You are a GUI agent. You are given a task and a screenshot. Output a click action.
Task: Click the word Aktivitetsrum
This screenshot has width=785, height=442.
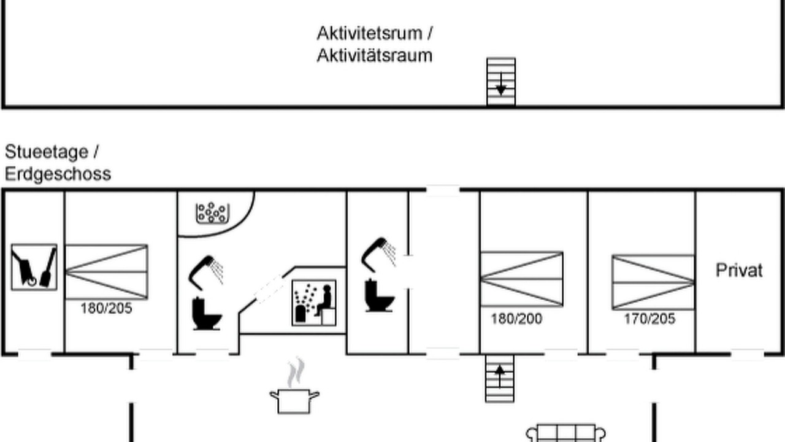(370, 34)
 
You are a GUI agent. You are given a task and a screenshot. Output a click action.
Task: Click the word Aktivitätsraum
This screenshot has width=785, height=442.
(374, 56)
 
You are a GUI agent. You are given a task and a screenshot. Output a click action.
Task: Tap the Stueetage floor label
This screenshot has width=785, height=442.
(47, 152)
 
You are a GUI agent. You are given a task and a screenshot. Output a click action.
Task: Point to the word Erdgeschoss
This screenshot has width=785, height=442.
(58, 174)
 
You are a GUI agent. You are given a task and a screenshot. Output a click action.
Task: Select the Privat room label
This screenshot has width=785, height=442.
(739, 271)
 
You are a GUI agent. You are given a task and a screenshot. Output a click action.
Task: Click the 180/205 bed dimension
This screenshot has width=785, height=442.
(106, 309)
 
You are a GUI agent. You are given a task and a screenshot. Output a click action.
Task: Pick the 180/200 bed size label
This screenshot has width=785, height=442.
(516, 319)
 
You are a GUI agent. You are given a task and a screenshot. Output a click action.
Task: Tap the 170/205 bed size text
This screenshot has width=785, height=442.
(649, 319)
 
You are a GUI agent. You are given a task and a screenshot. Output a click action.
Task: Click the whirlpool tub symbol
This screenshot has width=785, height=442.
(212, 213)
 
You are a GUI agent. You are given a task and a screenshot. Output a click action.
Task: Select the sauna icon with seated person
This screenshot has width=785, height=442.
(314, 303)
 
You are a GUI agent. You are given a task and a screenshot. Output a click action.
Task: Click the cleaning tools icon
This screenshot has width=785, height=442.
(34, 267)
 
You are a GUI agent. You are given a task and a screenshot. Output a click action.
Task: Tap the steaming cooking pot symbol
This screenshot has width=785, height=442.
(294, 386)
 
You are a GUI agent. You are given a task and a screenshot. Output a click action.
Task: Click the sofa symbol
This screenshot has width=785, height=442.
(565, 433)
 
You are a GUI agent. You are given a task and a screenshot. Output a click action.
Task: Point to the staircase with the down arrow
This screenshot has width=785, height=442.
(501, 82)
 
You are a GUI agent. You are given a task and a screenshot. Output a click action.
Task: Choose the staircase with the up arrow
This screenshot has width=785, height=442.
(500, 379)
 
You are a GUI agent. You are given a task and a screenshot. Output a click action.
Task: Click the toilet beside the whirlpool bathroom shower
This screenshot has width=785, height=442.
(207, 313)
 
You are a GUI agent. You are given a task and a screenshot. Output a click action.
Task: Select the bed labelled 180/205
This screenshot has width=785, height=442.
(107, 272)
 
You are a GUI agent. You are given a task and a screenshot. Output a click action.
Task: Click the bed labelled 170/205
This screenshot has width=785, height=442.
(653, 282)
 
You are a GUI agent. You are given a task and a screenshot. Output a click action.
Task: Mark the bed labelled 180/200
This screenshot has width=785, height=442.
(522, 279)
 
